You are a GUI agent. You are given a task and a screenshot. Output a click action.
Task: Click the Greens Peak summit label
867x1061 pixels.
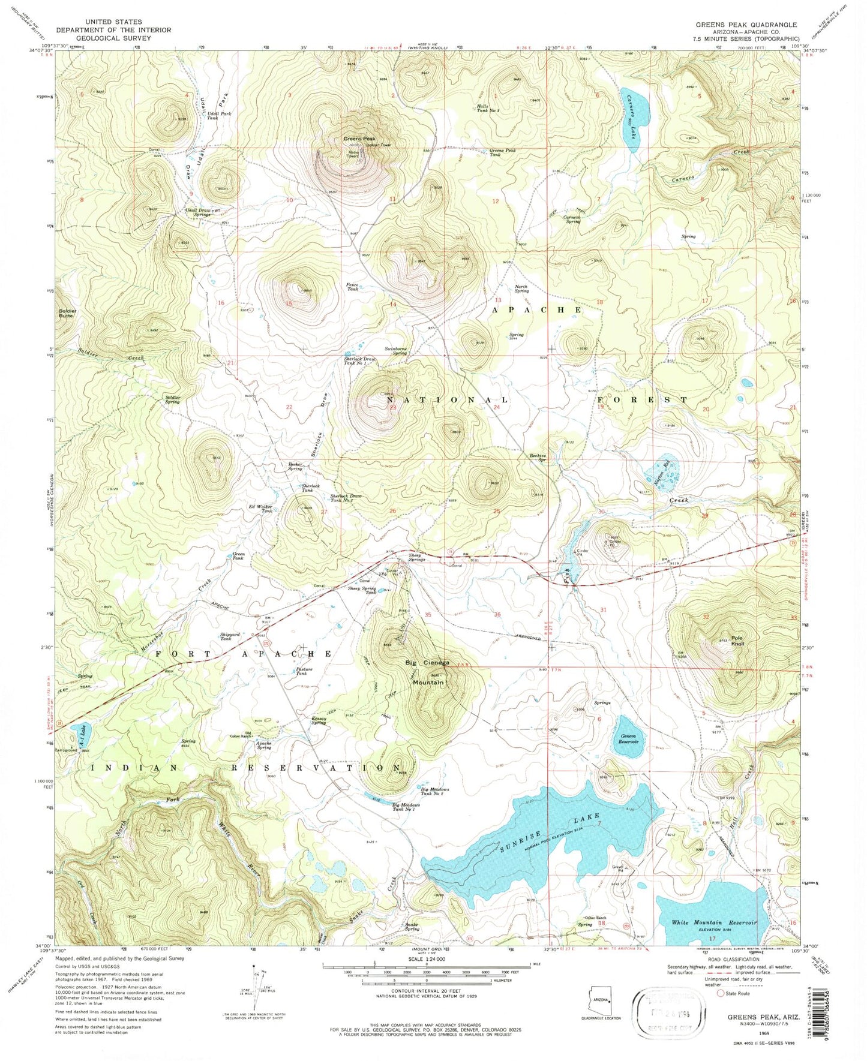point(359,139)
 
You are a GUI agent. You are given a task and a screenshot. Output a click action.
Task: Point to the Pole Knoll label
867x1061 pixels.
point(737,641)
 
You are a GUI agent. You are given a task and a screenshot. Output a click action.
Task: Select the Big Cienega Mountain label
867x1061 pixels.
point(428,672)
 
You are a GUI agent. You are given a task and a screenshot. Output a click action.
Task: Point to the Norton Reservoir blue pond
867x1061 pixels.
point(661,472)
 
